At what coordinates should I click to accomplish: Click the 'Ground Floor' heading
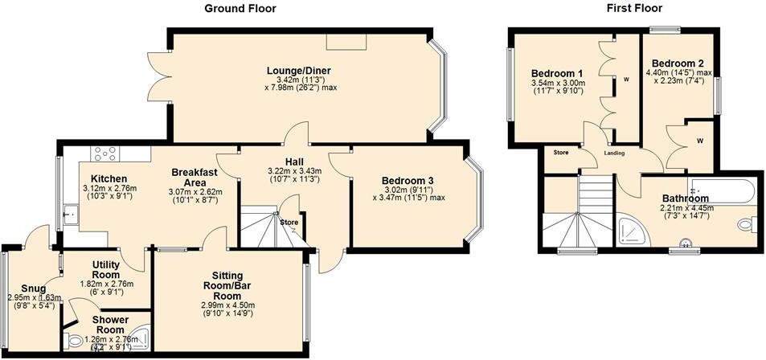coord(240,9)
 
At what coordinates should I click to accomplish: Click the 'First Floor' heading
coord(633,9)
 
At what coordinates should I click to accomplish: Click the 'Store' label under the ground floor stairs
coord(289,222)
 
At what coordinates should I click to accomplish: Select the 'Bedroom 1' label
coord(557,74)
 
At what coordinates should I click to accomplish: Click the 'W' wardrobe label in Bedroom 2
coord(700,141)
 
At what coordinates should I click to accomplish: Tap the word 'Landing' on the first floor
coord(615,153)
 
